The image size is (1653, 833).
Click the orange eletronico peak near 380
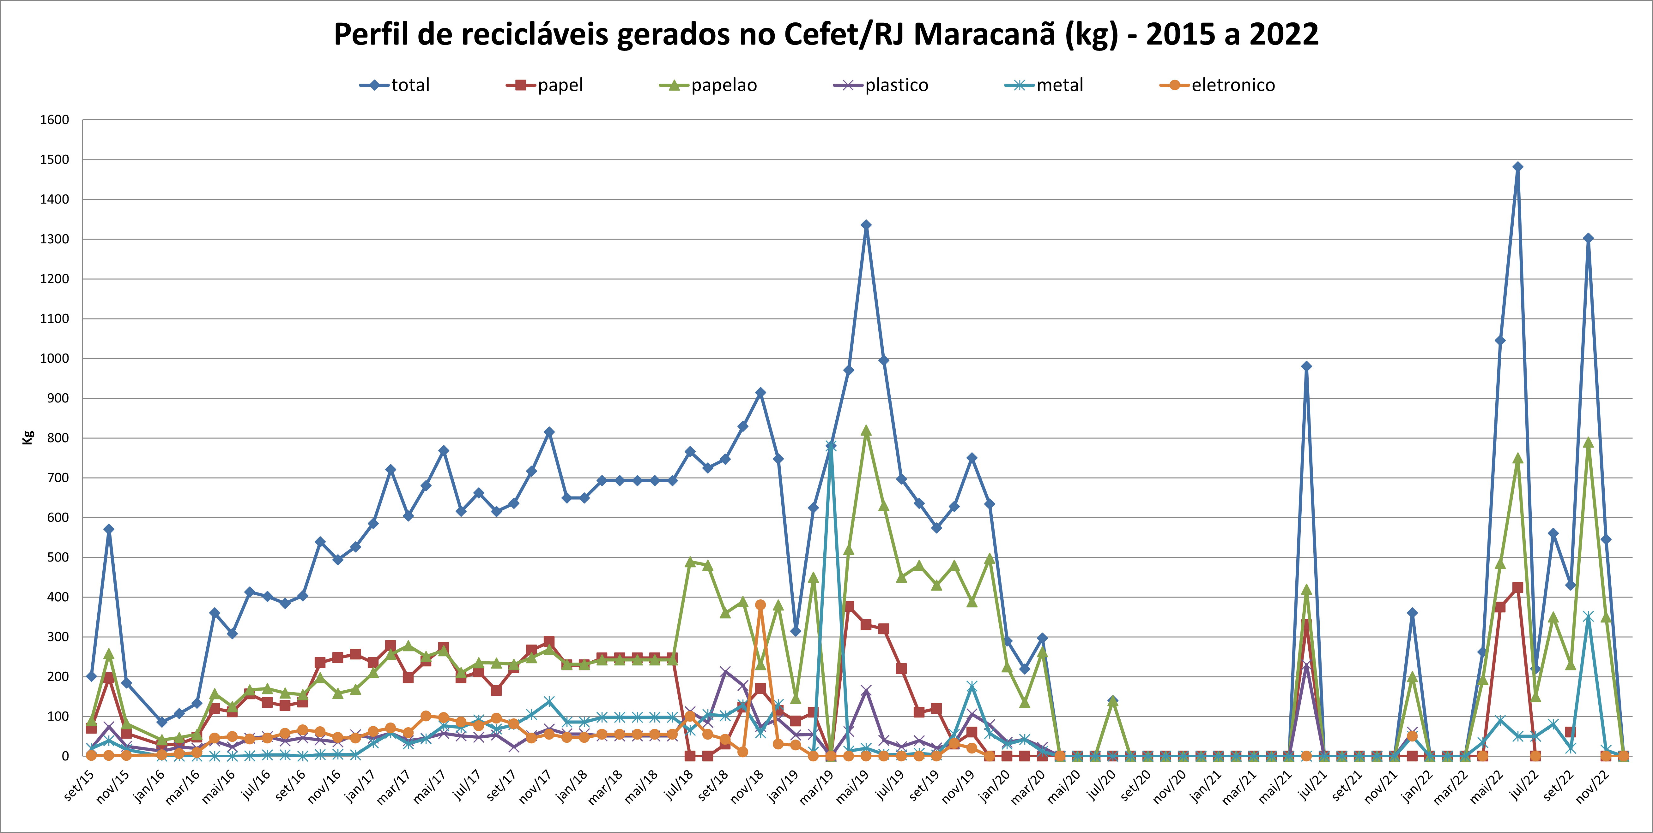[x=760, y=605]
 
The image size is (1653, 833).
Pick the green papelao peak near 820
[x=866, y=431]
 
